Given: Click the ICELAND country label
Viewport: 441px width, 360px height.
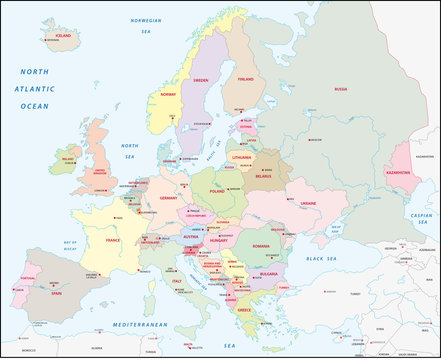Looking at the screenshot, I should click(x=65, y=35).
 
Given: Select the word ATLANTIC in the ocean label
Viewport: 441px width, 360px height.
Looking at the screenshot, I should click(x=35, y=88).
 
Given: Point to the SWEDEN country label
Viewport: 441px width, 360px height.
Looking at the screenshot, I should click(x=200, y=79).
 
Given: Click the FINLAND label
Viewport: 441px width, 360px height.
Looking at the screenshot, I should click(x=245, y=78).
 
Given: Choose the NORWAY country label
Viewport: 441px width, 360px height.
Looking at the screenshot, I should click(x=167, y=96).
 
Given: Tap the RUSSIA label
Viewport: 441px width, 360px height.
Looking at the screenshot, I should click(x=340, y=89).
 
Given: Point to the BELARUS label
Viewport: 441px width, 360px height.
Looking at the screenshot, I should click(x=263, y=177).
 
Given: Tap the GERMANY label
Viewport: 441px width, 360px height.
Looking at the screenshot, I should click(x=167, y=197).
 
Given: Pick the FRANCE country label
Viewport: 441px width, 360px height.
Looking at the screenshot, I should click(x=112, y=240).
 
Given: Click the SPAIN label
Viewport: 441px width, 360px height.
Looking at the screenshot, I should click(x=56, y=293).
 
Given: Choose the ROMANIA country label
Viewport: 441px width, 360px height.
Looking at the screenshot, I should click(x=261, y=245).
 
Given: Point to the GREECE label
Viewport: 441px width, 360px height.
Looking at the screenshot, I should click(x=244, y=309).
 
